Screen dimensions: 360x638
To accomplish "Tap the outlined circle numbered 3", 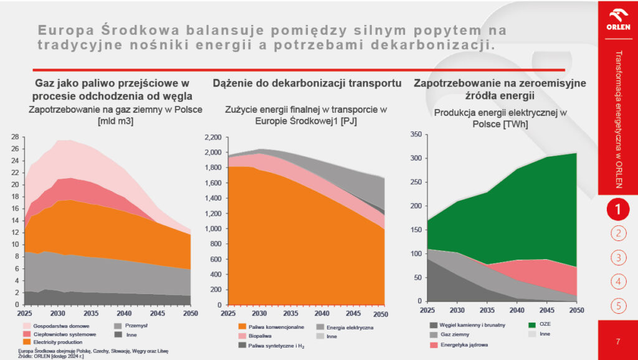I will pos(617,257).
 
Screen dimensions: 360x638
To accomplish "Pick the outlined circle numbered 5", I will pos(617,305).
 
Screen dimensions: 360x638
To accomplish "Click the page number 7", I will pos(617,341).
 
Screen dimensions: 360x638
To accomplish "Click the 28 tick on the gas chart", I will pos(16,137).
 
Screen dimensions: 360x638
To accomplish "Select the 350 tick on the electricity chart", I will pos(416,134).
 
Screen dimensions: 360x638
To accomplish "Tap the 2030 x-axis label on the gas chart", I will pos(58,313).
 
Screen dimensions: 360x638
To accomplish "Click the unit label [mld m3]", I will pos(116,121).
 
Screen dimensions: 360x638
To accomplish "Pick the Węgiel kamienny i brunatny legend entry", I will pos(470,324).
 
